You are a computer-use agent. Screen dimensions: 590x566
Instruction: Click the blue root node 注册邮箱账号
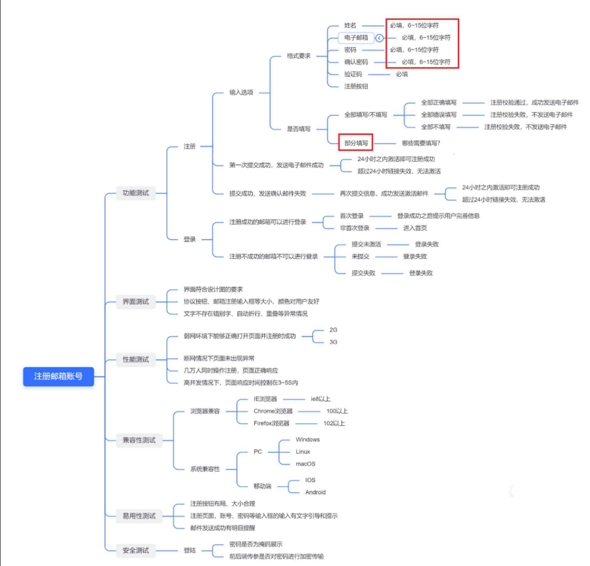(59, 376)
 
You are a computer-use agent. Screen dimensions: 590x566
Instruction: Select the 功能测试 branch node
(136, 193)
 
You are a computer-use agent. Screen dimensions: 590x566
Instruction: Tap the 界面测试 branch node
(136, 301)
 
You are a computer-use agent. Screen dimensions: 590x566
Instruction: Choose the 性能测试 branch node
(136, 359)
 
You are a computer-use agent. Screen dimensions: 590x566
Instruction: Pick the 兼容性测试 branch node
(139, 440)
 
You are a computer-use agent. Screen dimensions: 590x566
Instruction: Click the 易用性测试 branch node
(139, 516)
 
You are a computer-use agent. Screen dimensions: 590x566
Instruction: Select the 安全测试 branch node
(136, 550)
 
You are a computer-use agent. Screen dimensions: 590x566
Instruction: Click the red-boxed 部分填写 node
(356, 143)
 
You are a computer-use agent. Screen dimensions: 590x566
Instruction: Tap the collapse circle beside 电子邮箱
(379, 38)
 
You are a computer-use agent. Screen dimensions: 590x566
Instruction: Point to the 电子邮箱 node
(356, 38)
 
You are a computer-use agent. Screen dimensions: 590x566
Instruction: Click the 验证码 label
(353, 74)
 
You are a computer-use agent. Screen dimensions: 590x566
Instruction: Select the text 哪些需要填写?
(421, 143)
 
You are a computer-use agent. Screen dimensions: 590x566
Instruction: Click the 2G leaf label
(333, 330)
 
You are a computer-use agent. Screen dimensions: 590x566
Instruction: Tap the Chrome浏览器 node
(273, 411)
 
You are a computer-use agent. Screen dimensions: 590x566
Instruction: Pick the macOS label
(306, 464)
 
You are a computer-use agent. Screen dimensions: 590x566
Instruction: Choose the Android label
(315, 492)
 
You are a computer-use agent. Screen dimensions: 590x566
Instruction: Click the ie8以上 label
(321, 399)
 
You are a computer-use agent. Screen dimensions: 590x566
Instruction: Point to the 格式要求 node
(299, 56)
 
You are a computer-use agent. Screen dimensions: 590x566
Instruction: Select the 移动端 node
(262, 486)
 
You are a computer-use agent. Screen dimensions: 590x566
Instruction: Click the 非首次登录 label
(355, 228)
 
